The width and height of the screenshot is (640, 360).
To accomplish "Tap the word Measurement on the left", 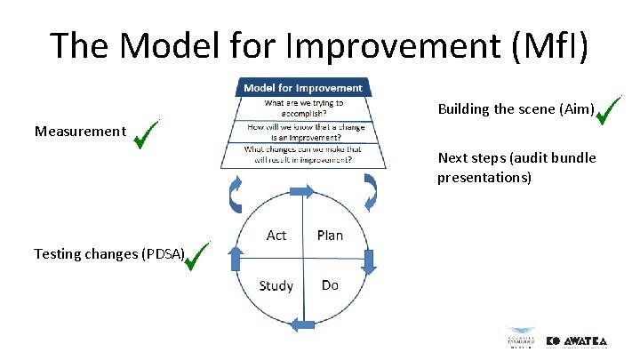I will pos(80,132).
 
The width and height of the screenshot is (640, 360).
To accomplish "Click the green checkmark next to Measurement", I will pos(145,133).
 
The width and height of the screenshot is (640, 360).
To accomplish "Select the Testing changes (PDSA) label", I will pos(109,254).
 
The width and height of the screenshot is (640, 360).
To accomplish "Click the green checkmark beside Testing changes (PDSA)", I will pos(196,257).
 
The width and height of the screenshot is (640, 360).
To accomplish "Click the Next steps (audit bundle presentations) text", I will pos(516,168).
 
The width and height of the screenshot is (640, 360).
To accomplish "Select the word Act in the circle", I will pos(276,236).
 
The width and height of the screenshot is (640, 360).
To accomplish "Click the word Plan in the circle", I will pos(330,236).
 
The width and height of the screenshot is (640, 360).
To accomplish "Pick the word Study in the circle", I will pos(276,285).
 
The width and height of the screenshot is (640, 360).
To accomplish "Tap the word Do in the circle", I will pos(330,285).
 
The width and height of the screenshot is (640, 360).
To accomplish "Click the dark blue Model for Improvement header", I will pos(303,88).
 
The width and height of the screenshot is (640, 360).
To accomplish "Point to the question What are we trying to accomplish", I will pos(303,108).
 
